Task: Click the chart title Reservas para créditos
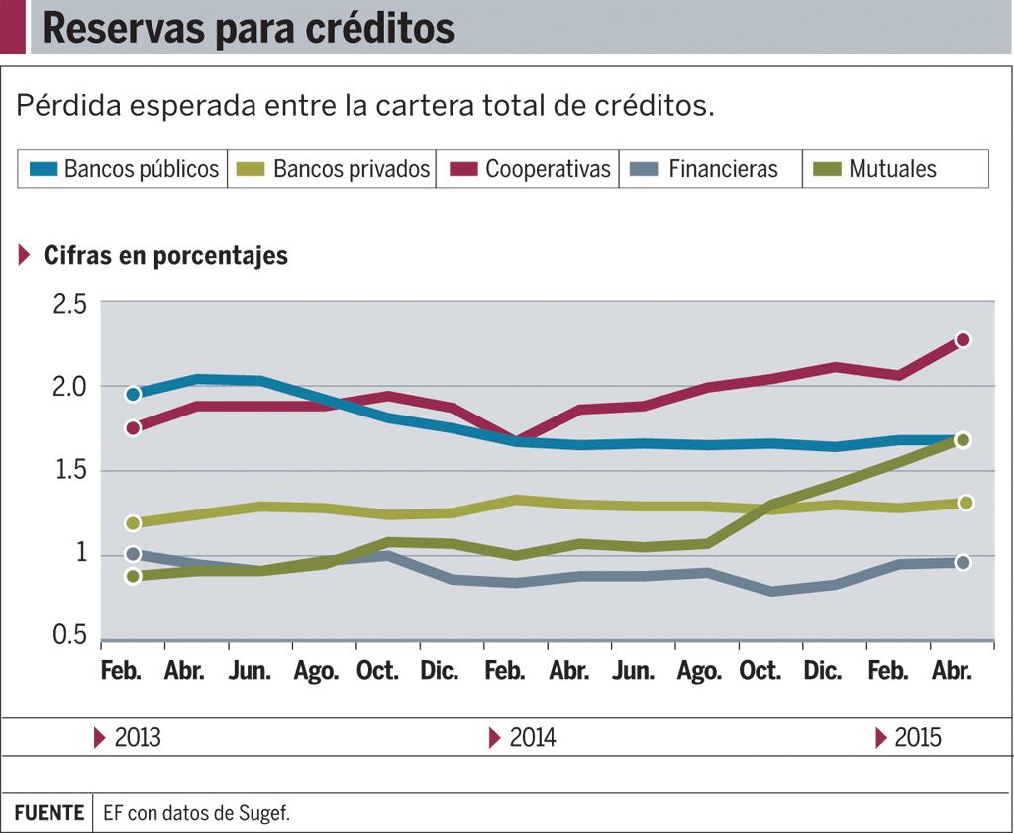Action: pyautogui.click(x=248, y=29)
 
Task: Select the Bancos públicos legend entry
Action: pyautogui.click(x=124, y=169)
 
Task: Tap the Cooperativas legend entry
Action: pyautogui.click(x=530, y=169)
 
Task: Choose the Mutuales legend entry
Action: pyautogui.click(x=875, y=169)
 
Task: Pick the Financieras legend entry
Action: pyautogui.click(x=706, y=169)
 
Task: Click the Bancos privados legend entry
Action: pyautogui.click(x=335, y=169)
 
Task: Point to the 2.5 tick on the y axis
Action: pyautogui.click(x=69, y=304)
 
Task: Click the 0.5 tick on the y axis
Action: pyautogui.click(x=69, y=636)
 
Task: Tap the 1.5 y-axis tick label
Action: pyautogui.click(x=69, y=470)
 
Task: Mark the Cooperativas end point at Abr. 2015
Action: pyautogui.click(x=962, y=340)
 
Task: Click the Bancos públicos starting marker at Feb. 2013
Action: pyautogui.click(x=133, y=394)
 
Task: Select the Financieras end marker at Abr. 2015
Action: pyautogui.click(x=962, y=562)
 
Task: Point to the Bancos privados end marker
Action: pyautogui.click(x=965, y=503)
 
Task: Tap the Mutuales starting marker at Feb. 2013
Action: pyautogui.click(x=133, y=576)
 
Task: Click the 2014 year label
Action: pyautogui.click(x=532, y=738)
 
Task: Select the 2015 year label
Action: pyautogui.click(x=917, y=738)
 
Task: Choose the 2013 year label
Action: pyautogui.click(x=137, y=738)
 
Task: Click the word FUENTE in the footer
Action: pyautogui.click(x=49, y=813)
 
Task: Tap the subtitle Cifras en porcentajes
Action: pyautogui.click(x=165, y=255)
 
